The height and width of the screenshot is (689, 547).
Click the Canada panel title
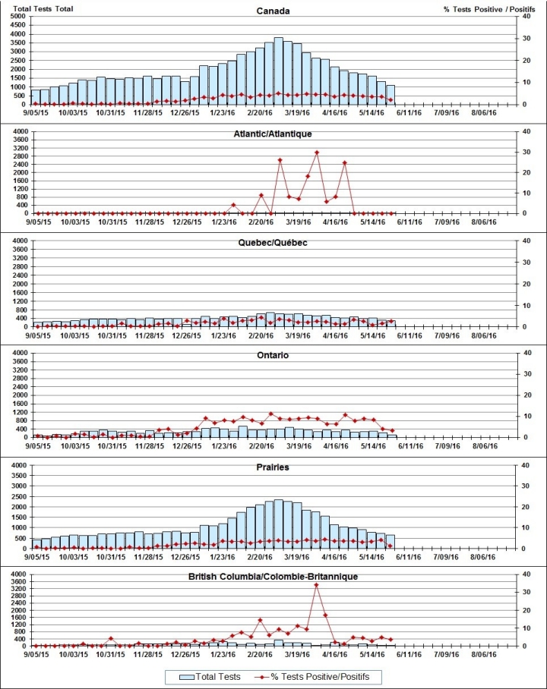click(273, 11)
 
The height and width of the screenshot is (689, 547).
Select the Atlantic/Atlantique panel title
click(273, 134)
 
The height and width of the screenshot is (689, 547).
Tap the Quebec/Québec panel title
click(273, 243)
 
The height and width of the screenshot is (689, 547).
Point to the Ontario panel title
click(273, 355)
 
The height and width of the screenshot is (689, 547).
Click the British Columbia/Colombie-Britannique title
click(273, 577)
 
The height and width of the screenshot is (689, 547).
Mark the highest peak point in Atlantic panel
click(317, 153)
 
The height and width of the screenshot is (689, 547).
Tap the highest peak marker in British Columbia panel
click(316, 585)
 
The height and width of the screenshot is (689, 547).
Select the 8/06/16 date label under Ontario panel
click(483, 447)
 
